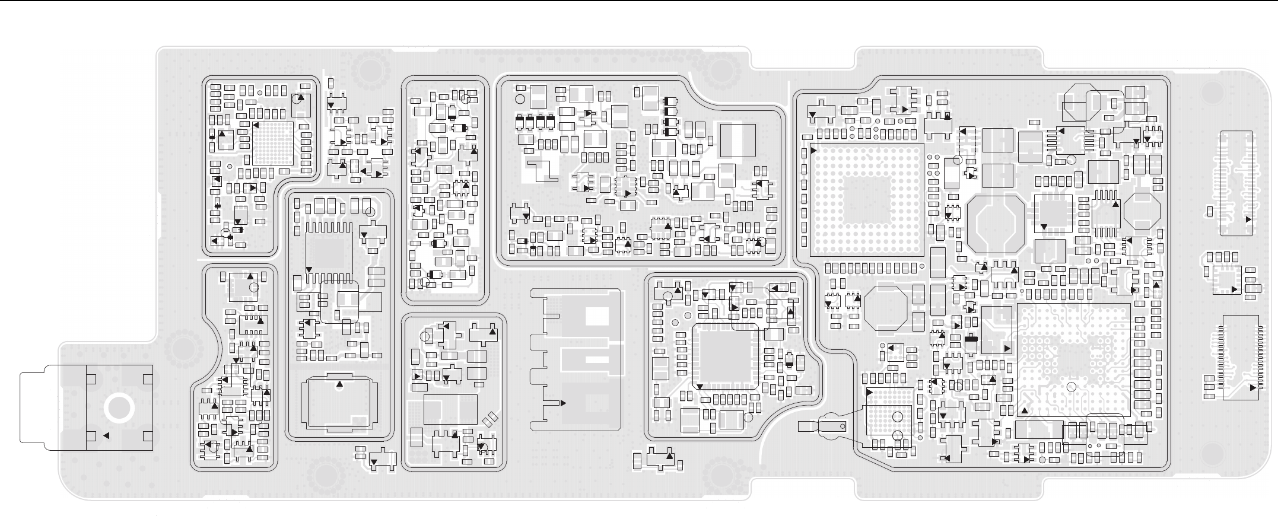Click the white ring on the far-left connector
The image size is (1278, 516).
117,409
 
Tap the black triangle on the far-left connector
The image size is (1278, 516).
106,436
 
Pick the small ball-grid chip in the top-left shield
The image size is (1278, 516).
273,143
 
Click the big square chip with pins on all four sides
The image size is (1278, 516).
726,358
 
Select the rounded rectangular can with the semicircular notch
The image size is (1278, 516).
339,403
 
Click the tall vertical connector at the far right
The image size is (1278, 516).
1236,183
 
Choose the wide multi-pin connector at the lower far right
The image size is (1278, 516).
1240,358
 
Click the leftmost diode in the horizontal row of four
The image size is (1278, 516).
520,122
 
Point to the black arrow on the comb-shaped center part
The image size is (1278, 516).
562,403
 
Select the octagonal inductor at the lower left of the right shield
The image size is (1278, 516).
886,308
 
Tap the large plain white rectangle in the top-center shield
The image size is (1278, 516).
737,141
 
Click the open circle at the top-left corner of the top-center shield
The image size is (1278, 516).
520,99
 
